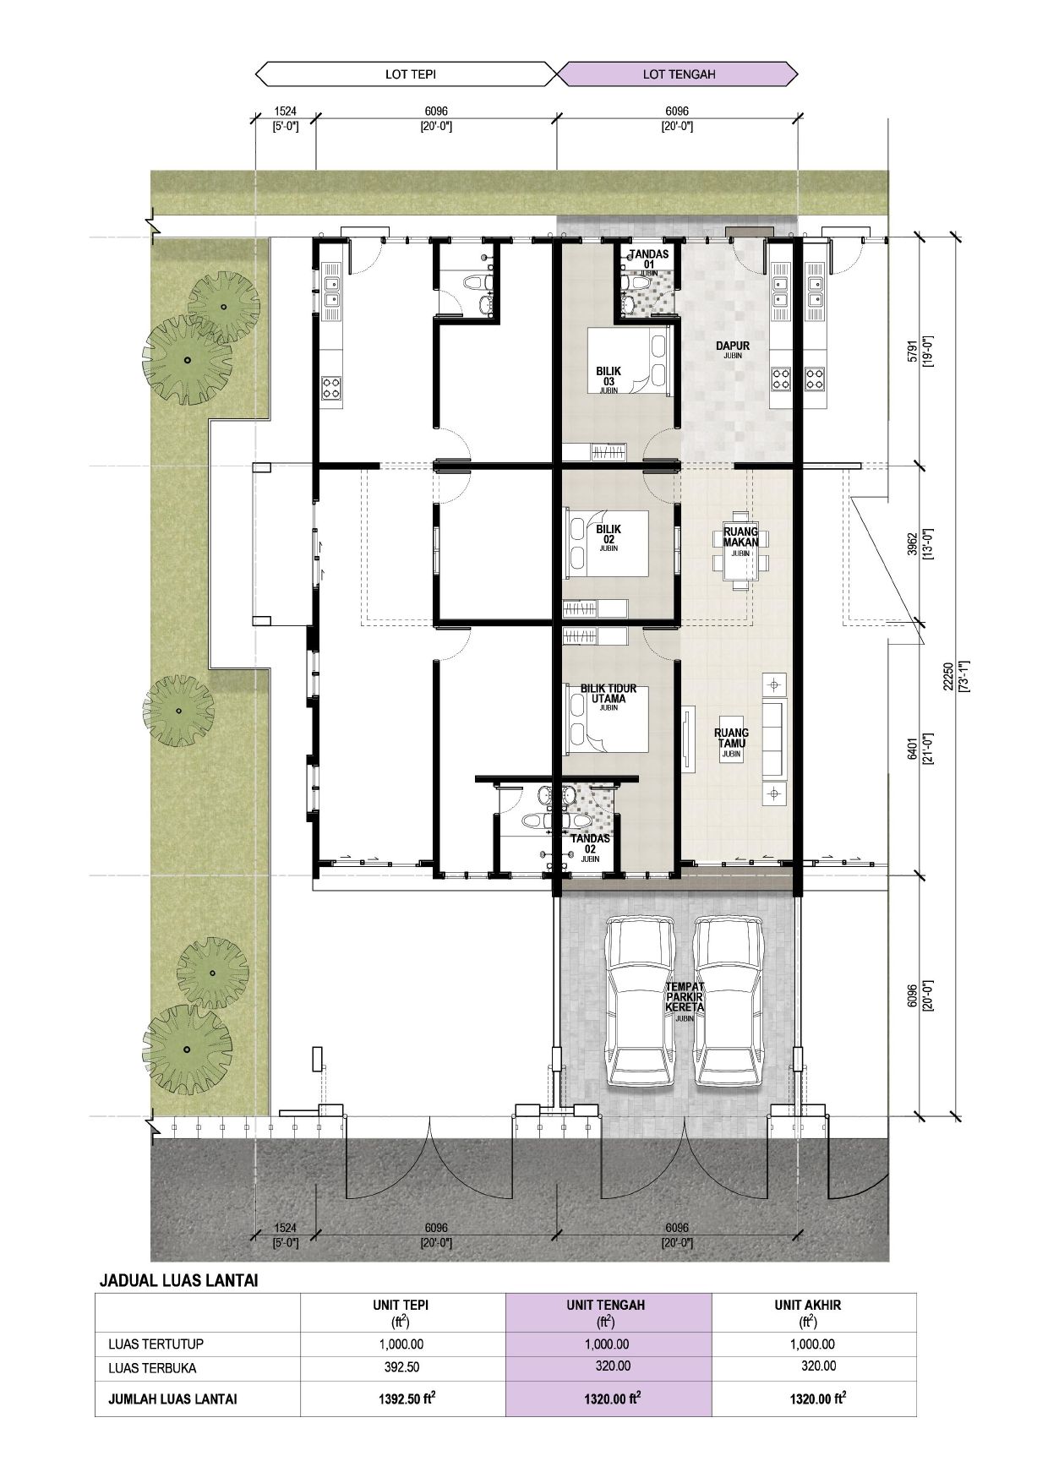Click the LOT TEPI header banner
(x=406, y=74)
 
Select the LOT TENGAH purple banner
(x=678, y=74)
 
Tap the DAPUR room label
(x=732, y=346)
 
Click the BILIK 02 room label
(x=609, y=534)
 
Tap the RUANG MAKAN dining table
(x=741, y=548)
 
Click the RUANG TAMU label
(x=732, y=739)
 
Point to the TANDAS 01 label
(x=649, y=259)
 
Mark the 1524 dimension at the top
(x=286, y=111)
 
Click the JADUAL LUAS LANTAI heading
(x=178, y=1280)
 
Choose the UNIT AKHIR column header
(x=808, y=1305)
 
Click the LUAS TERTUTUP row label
(x=156, y=1344)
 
